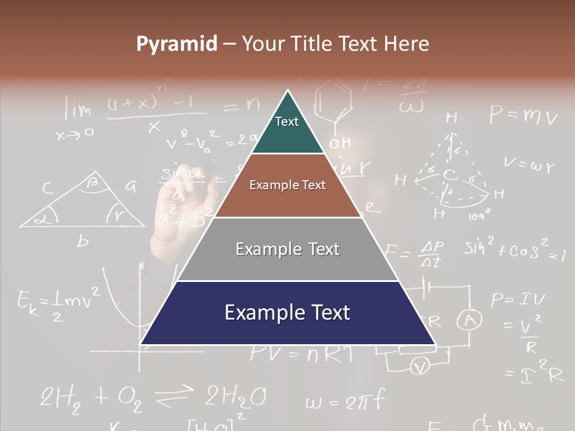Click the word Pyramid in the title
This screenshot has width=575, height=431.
tap(177, 44)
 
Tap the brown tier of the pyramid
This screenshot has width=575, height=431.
tap(287, 186)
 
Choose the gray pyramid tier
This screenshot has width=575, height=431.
tap(287, 249)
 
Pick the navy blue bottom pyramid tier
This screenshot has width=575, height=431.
tap(287, 313)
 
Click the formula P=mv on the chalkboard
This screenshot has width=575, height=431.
tap(523, 114)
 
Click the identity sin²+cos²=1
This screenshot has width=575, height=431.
tap(514, 250)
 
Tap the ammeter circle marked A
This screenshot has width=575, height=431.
tap(470, 321)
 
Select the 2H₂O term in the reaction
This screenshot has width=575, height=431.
tap(235, 397)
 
